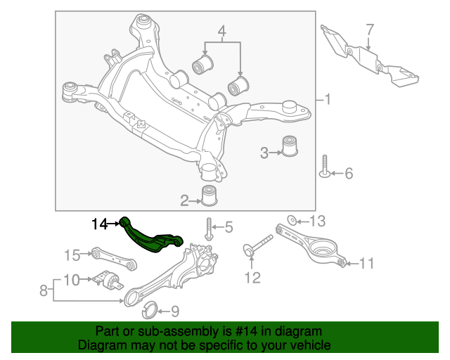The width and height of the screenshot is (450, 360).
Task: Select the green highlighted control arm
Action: click(150, 237)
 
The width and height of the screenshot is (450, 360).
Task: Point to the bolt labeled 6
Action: click(324, 167)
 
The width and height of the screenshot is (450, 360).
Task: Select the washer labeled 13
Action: click(293, 221)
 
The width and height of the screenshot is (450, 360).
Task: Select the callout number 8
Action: click(44, 289)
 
